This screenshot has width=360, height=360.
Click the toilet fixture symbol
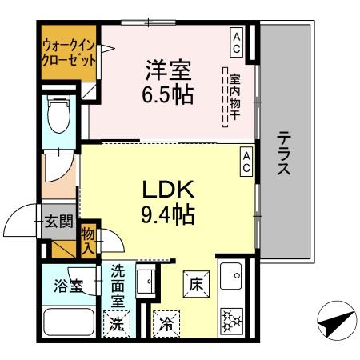click(x=58, y=116)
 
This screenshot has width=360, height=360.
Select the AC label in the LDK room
click(x=247, y=162)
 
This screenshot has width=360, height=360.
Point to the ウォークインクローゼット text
click(x=69, y=53)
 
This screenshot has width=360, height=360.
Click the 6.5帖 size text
click(x=168, y=94)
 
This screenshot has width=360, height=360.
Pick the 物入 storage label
click(x=88, y=240)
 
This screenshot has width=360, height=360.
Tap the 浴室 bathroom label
click(x=67, y=286)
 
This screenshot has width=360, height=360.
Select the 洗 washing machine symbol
click(x=117, y=325)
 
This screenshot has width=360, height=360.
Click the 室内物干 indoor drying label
click(x=235, y=96)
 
